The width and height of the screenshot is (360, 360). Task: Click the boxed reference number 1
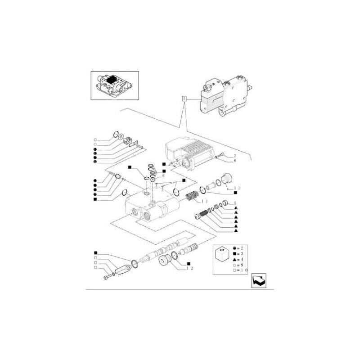click(x=184, y=99)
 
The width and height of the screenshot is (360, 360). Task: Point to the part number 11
click(x=204, y=201)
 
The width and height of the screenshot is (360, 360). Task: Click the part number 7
click(x=234, y=155)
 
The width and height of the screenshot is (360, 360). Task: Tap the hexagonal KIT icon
click(x=221, y=255)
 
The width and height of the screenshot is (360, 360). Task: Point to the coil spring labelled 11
click(x=192, y=198)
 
